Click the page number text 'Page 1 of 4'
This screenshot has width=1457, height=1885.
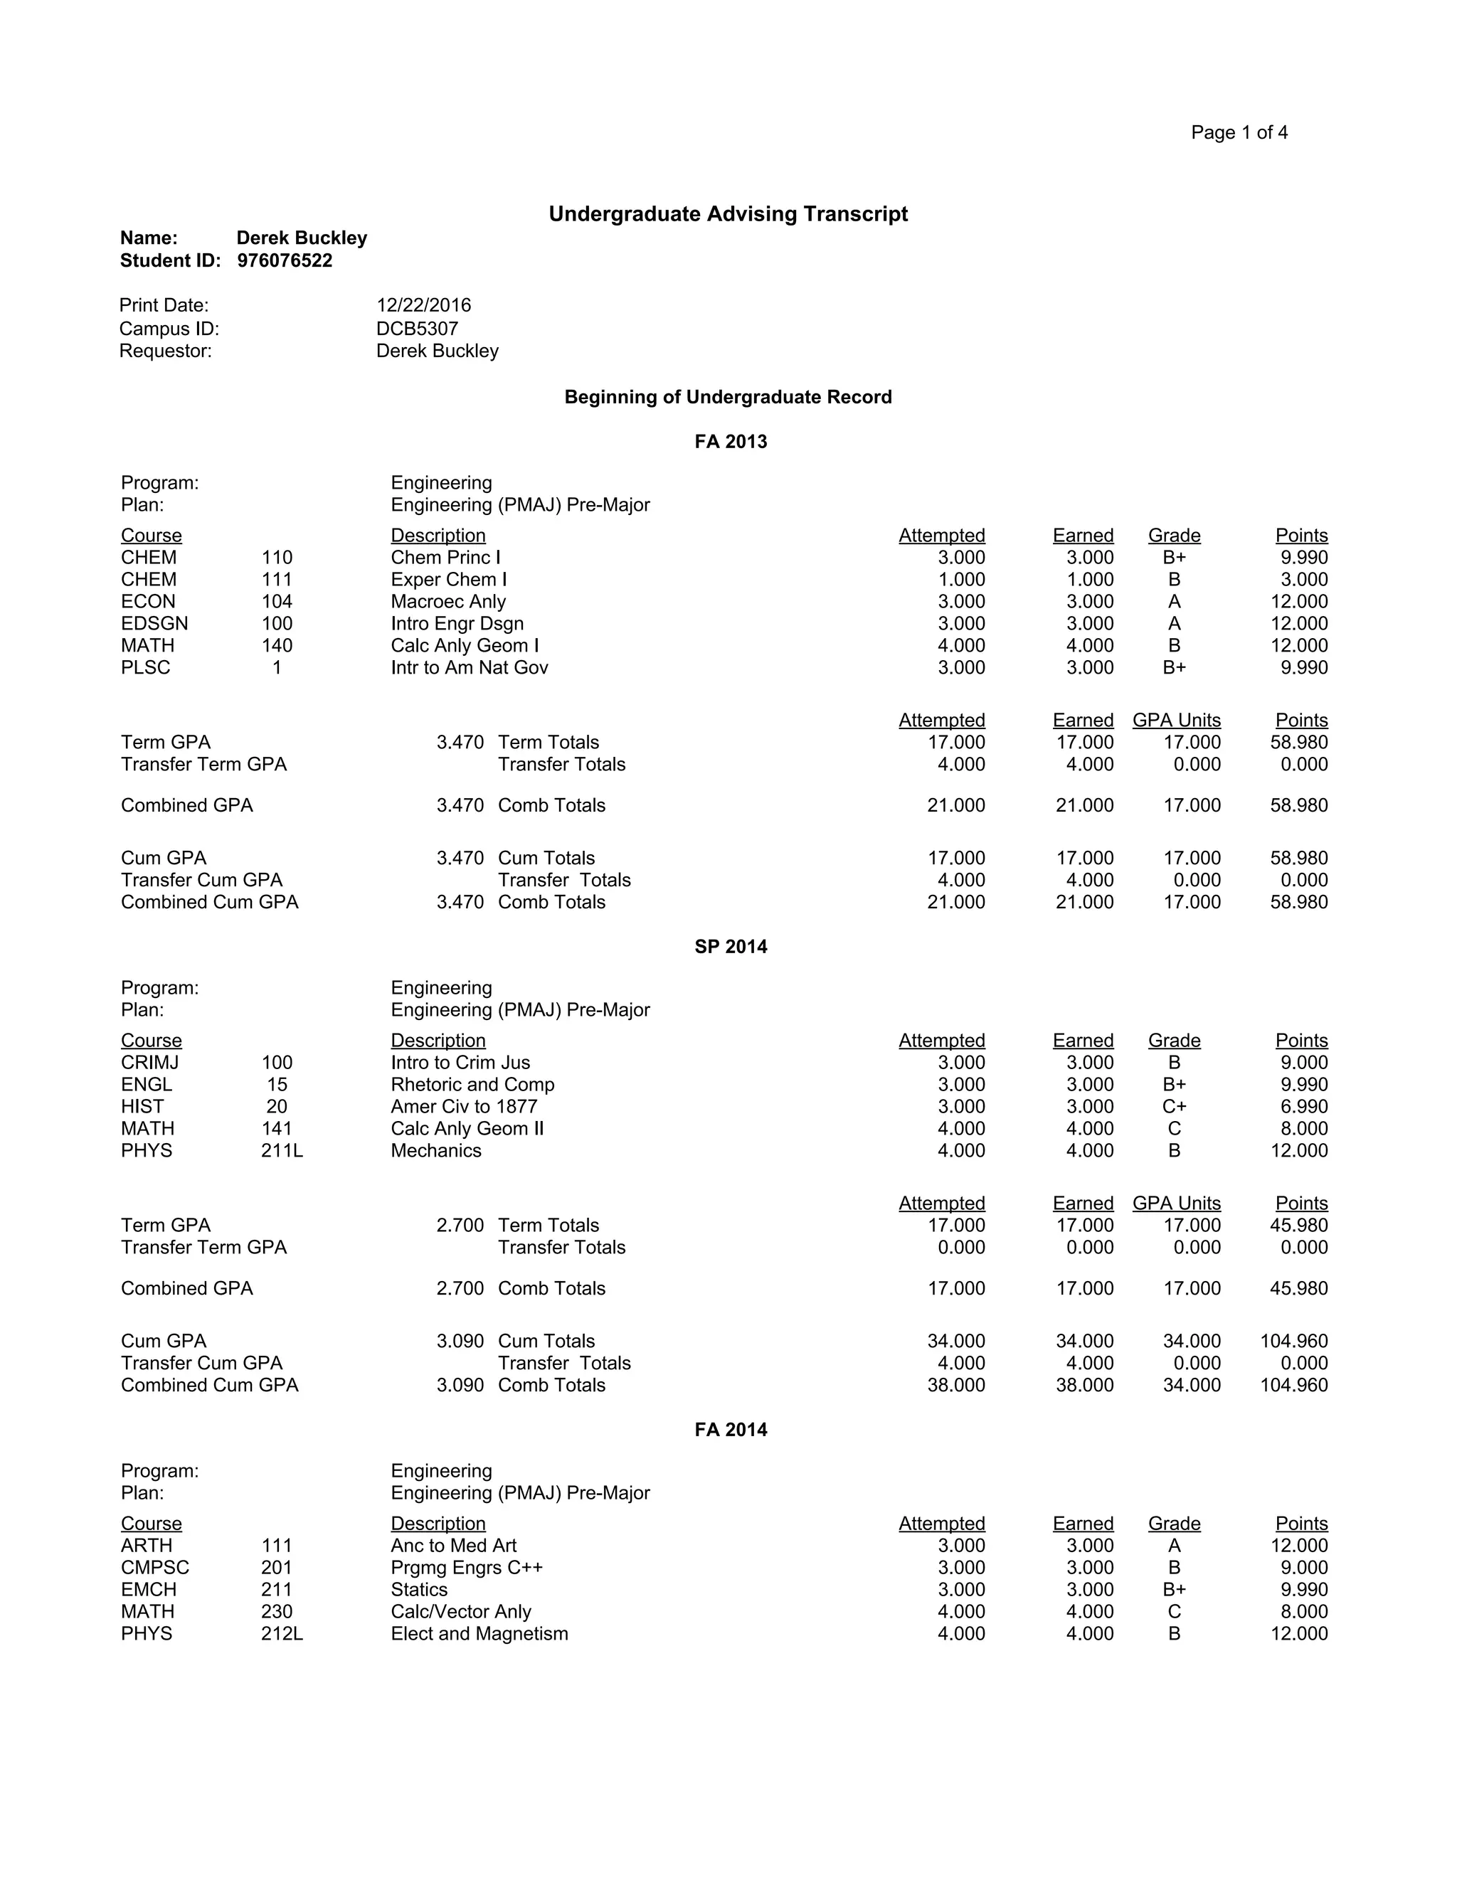point(1239,132)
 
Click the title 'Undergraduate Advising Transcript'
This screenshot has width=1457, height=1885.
point(728,214)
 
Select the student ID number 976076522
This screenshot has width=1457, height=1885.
point(284,260)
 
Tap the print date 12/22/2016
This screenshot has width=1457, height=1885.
point(424,306)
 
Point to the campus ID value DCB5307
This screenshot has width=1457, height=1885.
point(417,329)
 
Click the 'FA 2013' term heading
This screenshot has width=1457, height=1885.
point(730,442)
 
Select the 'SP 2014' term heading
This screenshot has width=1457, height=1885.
point(730,947)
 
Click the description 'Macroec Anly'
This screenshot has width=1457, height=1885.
point(448,602)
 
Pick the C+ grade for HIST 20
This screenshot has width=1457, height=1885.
point(1174,1107)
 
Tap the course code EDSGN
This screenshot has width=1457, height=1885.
point(154,623)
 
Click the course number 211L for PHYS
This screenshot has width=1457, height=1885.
point(282,1150)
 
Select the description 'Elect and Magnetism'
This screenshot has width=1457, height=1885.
point(479,1634)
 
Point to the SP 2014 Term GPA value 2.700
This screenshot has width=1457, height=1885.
point(460,1226)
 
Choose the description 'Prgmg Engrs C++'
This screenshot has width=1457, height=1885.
point(466,1567)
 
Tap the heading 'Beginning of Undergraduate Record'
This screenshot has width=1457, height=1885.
point(728,397)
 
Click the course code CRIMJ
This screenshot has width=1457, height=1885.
point(150,1063)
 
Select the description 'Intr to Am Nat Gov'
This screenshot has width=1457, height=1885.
point(469,667)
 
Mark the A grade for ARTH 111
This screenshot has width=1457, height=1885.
point(1174,1546)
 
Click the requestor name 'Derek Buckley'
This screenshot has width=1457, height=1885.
point(437,351)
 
